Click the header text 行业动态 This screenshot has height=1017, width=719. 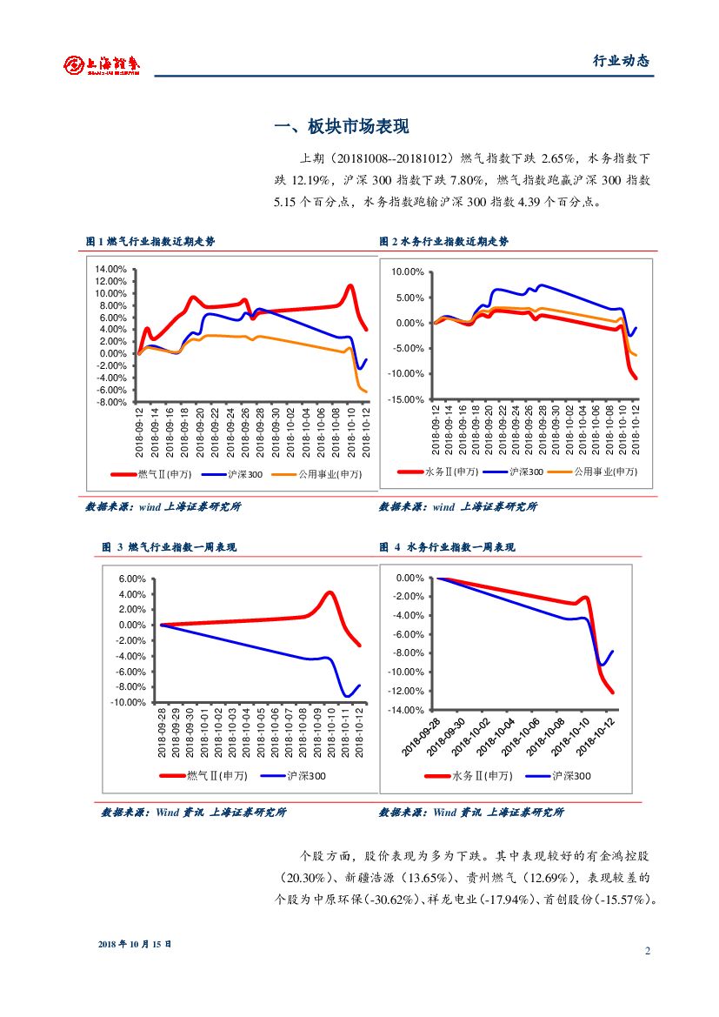[621, 61]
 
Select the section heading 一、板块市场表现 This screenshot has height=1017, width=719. [341, 127]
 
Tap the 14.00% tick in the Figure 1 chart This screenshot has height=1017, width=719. [110, 269]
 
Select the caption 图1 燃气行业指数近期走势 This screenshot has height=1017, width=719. [150, 242]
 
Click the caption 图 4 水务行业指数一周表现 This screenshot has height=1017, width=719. [447, 547]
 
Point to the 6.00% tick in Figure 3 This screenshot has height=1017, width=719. [132, 579]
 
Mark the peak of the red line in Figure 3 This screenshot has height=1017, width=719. [330, 593]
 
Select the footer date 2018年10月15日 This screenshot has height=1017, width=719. [135, 944]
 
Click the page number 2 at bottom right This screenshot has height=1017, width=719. [648, 950]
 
